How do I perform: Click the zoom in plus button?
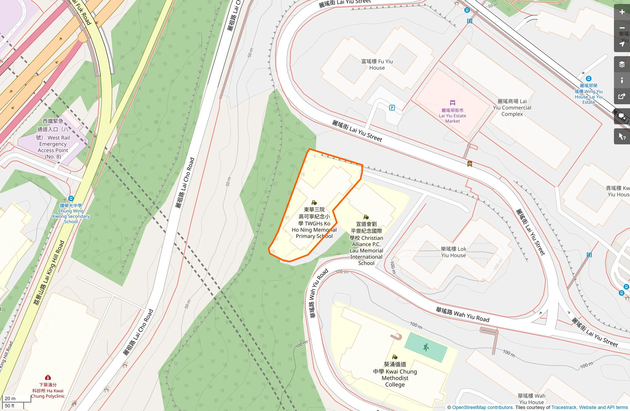pyautogui.click(x=622, y=12)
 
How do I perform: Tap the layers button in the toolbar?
pyautogui.click(x=622, y=64)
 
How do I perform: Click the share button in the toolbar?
pyautogui.click(x=622, y=97)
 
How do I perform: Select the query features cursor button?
pyautogui.click(x=622, y=137)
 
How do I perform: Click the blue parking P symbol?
pyautogui.click(x=392, y=108)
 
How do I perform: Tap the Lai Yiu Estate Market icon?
pyautogui.click(x=452, y=103)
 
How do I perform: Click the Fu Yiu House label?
pyautogui.click(x=377, y=64)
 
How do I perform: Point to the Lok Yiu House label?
pyautogui.click(x=453, y=252)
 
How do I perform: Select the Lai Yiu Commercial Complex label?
pyautogui.click(x=512, y=108)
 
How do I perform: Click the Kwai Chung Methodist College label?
pyautogui.click(x=395, y=375)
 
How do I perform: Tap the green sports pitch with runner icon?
pyautogui.click(x=426, y=348)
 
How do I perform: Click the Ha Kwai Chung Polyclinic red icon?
pyautogui.click(x=48, y=378)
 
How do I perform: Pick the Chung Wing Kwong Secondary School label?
pyautogui.click(x=71, y=214)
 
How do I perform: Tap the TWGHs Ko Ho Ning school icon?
pyautogui.click(x=314, y=202)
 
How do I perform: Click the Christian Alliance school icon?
pyautogui.click(x=366, y=217)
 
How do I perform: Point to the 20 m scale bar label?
pyautogui.click(x=10, y=398)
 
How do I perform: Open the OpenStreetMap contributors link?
pyautogui.click(x=482, y=407)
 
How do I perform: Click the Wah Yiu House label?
pyautogui.click(x=531, y=399)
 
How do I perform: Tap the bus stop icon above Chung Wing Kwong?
pyautogui.click(x=71, y=198)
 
